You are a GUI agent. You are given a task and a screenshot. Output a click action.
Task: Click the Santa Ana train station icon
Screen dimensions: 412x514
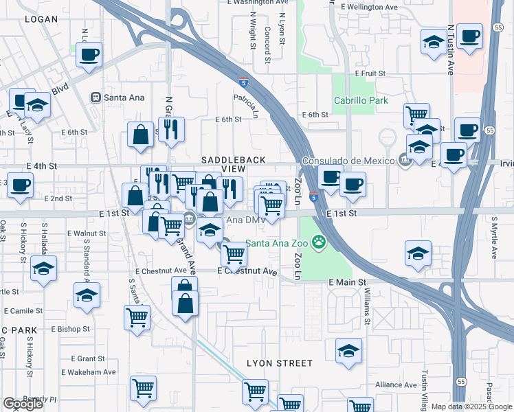[x=96, y=98]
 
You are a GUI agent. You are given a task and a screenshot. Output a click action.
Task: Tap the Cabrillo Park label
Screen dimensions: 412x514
[x=361, y=101]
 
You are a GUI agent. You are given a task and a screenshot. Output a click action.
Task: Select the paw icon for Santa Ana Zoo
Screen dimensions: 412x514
[x=318, y=242]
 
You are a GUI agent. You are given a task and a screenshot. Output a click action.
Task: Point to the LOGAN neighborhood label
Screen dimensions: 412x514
[x=41, y=19]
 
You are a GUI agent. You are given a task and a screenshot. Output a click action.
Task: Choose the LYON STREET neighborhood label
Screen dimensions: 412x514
[x=280, y=363]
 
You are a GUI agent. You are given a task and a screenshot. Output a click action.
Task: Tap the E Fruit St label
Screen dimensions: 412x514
[x=370, y=73]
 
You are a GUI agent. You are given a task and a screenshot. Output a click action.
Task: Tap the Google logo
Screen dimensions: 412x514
[x=23, y=404]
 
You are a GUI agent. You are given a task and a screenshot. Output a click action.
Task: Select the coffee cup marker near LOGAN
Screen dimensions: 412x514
[x=89, y=55]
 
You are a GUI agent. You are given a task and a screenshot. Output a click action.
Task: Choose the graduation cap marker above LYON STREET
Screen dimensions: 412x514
[x=349, y=352]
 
